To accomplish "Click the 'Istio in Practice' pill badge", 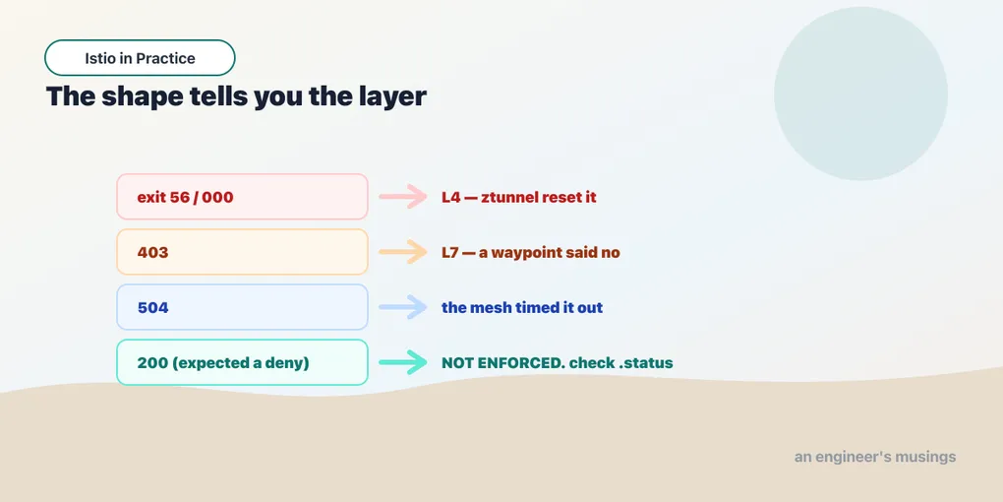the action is [140, 58].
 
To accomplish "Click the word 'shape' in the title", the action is [141, 97].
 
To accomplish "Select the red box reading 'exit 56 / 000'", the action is [243, 197].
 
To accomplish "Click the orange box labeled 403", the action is [243, 252].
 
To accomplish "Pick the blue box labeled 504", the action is [243, 307].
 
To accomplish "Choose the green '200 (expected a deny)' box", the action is [243, 362].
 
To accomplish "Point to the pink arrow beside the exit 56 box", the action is [403, 197].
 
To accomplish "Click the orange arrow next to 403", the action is [403, 252].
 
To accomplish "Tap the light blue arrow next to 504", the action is [403, 307].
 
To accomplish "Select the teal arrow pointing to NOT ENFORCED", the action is [403, 362].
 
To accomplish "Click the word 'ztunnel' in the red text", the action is [508, 197].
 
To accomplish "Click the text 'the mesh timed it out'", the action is [522, 308].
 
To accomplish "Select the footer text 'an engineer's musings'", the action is [875, 457].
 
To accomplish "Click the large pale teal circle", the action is [861, 94].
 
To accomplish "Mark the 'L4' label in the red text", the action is [451, 197].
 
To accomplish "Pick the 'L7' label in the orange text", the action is [451, 253].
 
